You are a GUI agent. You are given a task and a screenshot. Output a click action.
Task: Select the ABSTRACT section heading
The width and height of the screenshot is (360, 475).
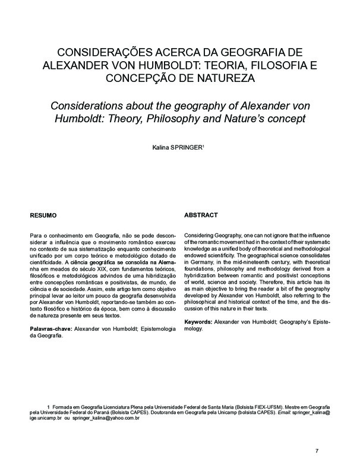[x=202, y=214]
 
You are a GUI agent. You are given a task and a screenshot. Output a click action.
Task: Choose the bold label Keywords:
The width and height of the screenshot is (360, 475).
[x=202, y=321]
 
